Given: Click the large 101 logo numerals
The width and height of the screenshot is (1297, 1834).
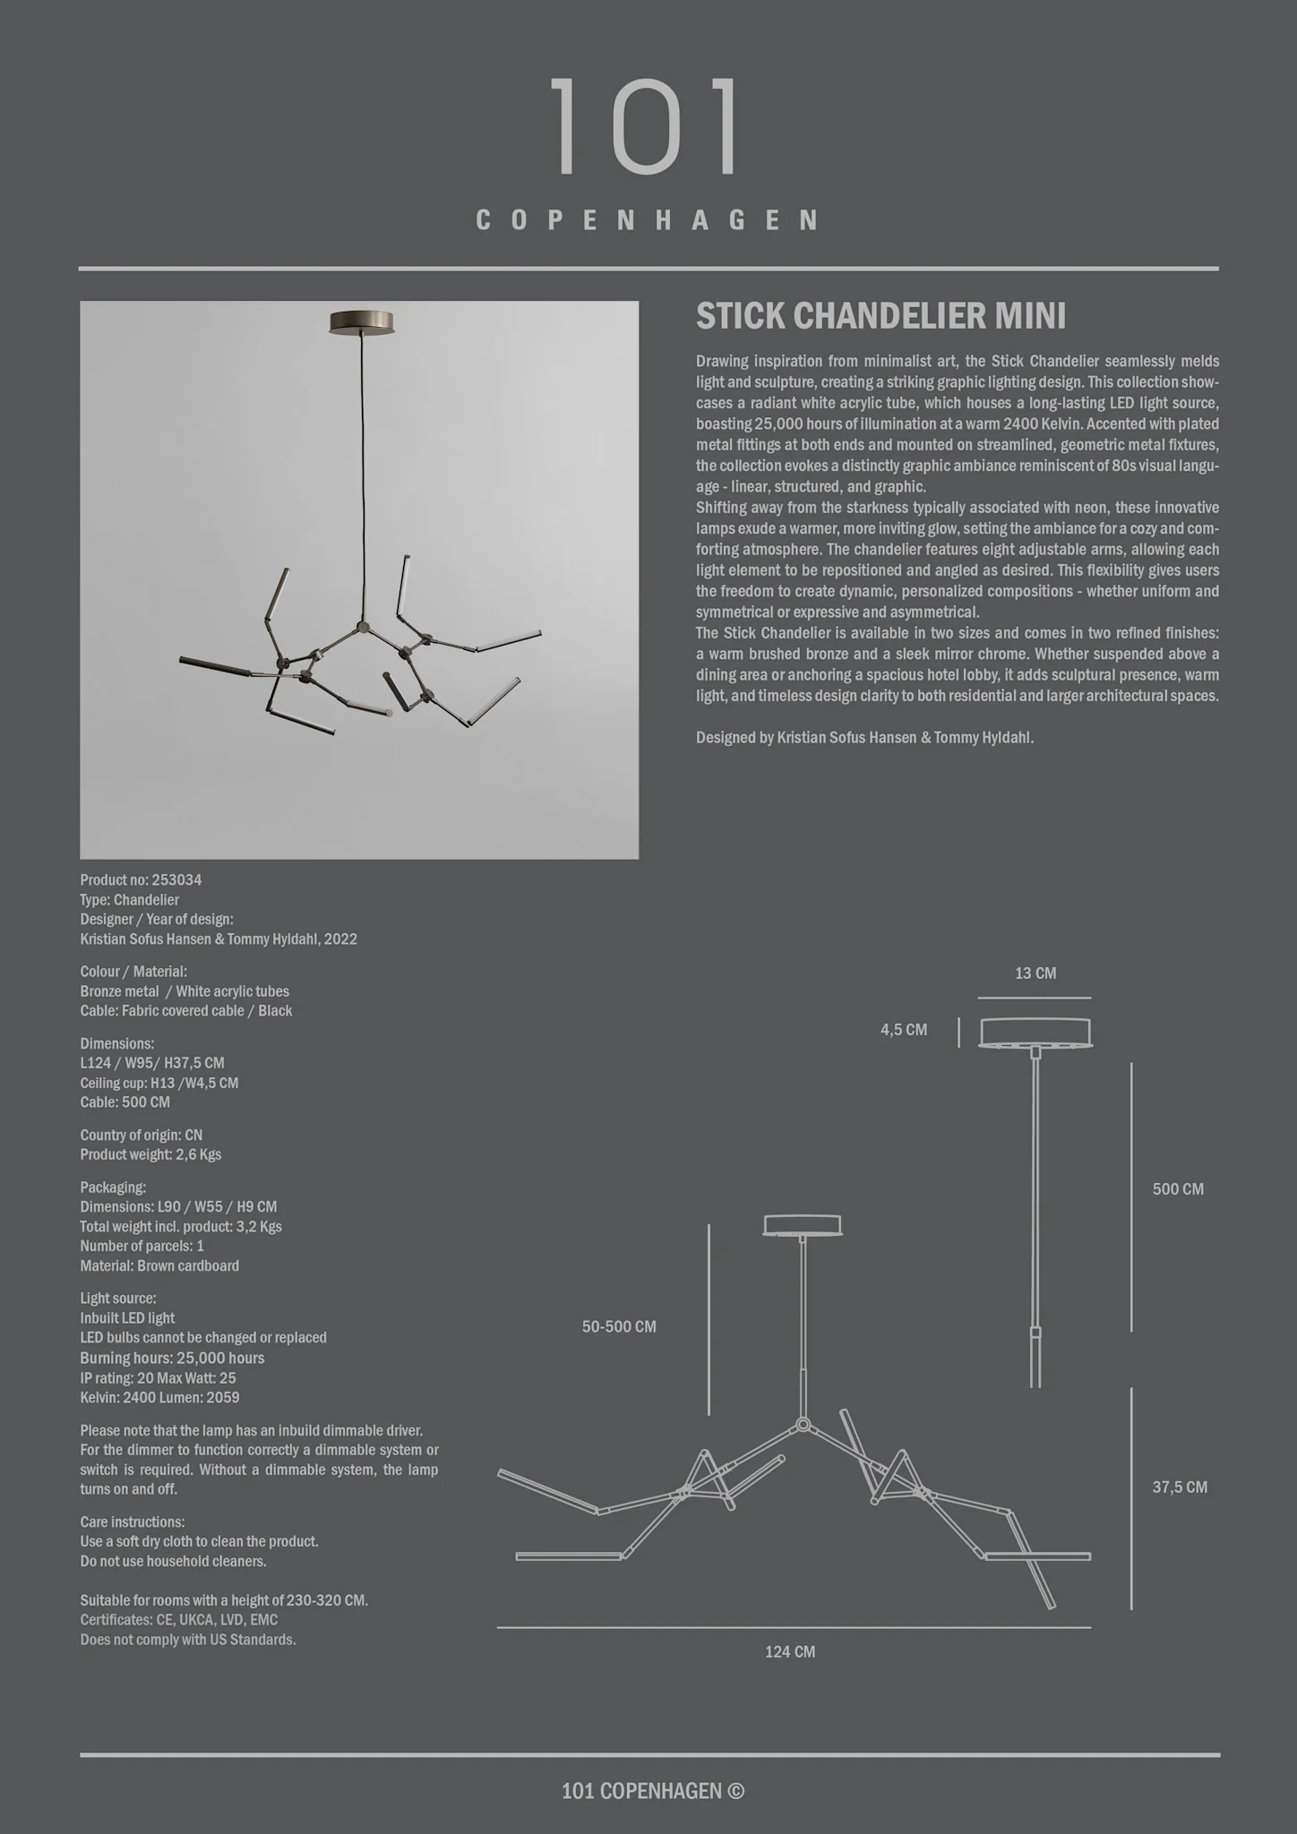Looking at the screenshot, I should (646, 126).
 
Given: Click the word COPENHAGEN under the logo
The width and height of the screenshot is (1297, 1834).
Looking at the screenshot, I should (647, 220).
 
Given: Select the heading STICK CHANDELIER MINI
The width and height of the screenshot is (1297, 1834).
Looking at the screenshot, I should (880, 316).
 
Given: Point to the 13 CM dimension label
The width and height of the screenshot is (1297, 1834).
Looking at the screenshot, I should (1035, 973).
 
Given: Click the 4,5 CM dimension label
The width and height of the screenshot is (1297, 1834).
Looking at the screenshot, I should (904, 1030).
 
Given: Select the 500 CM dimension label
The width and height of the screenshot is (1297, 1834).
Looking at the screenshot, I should (1177, 1189).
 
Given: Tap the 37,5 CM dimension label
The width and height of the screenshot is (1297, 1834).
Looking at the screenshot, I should (1179, 1487).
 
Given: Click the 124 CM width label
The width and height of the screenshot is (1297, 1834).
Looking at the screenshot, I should (790, 1652).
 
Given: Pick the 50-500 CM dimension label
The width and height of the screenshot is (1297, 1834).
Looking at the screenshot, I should (619, 1326).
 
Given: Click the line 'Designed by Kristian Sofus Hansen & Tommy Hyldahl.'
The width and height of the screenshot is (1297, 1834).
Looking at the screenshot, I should (864, 738).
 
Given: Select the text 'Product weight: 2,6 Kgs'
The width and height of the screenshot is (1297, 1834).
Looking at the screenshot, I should (150, 1154).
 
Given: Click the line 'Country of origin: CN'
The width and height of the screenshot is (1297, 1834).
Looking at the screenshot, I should (141, 1135).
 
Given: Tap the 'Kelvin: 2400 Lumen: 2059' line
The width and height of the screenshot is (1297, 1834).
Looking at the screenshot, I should (159, 1397).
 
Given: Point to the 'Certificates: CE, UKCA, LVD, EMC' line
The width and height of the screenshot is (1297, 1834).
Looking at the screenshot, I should (178, 1619).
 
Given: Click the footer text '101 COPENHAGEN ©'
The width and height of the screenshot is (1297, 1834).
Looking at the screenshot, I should (652, 1790).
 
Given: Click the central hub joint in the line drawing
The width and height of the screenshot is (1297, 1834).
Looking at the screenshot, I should (803, 1424).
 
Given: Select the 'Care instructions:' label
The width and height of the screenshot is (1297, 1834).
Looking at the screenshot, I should (132, 1521).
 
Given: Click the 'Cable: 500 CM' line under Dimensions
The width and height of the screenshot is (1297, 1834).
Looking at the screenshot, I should (125, 1101).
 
